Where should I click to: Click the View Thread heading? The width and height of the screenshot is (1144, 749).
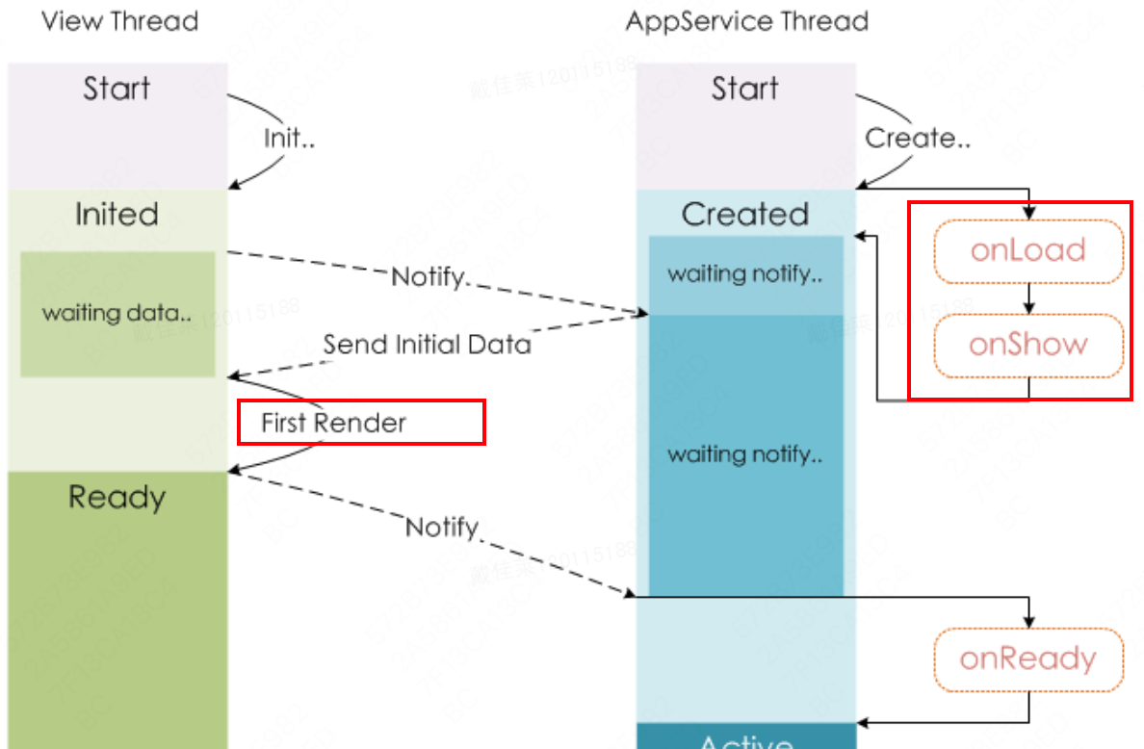pos(119,21)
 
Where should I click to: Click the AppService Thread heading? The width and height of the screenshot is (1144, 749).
pos(746,21)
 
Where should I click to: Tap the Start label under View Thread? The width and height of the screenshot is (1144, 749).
pos(117,89)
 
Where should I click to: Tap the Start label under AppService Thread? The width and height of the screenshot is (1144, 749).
pos(744,89)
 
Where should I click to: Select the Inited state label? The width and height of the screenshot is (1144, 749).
pos(117,214)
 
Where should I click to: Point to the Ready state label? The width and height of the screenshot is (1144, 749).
pos(117,497)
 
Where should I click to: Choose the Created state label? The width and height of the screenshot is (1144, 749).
pos(744,214)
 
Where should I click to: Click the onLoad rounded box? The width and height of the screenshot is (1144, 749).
pos(1028,251)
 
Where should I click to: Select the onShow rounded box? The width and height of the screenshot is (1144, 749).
pos(1028,345)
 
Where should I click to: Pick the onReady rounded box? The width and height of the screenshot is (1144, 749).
pos(1028,659)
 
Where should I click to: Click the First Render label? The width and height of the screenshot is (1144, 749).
pos(333,423)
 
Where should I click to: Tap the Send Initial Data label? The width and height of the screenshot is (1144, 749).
pos(427,344)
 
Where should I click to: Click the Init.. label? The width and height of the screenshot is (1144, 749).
pos(289,139)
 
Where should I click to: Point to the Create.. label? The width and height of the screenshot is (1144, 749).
pos(917,139)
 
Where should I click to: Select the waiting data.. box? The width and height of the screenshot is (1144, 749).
pos(117,314)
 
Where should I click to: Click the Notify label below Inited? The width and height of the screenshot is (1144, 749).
pos(429,277)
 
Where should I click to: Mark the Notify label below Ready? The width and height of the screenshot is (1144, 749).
pos(442,527)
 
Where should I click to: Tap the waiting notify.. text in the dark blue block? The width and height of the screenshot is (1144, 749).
pos(744,453)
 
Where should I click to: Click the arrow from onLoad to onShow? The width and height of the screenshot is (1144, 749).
pos(1028,298)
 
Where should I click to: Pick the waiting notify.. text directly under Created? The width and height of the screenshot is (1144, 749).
pos(744,274)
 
